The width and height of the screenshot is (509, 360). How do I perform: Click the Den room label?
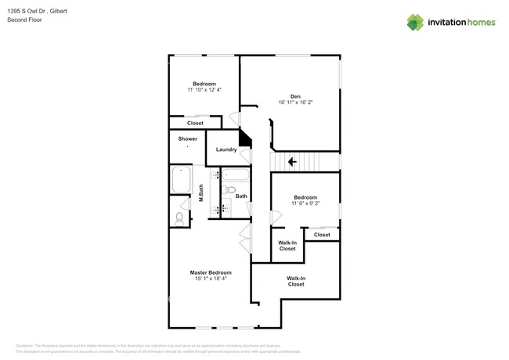[295, 96]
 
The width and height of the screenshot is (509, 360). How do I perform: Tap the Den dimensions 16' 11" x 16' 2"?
[295, 103]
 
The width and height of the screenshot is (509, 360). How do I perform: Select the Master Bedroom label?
[211, 272]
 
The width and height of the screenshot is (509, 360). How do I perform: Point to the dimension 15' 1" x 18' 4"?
[211, 279]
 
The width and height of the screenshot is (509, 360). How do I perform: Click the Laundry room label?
[226, 149]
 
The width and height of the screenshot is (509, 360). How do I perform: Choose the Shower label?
[187, 139]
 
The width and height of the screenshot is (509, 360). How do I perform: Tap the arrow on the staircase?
[292, 162]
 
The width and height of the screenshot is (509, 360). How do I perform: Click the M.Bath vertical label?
[201, 193]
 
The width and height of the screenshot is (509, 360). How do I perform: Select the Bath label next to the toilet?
[241, 196]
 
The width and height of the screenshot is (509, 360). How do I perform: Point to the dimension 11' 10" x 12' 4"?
[205, 91]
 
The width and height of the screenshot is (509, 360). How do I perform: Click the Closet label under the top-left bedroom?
[195, 123]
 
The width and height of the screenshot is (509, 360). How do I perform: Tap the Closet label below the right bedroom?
[322, 235]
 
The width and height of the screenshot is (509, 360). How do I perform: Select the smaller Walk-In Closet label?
[287, 246]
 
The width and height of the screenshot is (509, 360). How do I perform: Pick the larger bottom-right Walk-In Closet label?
[295, 281]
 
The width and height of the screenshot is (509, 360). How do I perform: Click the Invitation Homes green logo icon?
[414, 22]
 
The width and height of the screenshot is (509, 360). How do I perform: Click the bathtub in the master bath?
[182, 179]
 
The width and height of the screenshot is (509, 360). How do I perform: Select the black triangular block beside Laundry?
[245, 139]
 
